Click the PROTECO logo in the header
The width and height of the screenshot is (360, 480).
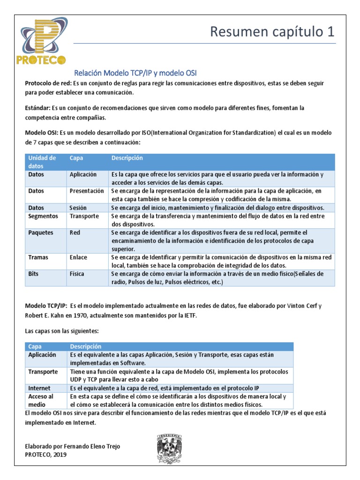[x=43, y=41]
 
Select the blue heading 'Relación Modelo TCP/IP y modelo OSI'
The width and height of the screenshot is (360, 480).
[x=136, y=73]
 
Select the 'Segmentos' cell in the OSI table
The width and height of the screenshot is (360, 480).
[x=43, y=216]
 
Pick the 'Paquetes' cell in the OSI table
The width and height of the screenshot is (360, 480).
[x=41, y=232]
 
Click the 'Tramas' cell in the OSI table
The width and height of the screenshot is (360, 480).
[x=38, y=257]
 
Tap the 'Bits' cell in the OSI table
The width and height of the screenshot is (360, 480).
[x=34, y=273]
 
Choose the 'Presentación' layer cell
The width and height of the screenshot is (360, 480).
[x=87, y=191]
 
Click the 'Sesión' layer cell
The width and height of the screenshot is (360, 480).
[x=78, y=208]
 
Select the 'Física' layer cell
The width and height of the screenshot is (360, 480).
[x=77, y=273]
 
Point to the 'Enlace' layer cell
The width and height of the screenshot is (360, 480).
[x=79, y=257]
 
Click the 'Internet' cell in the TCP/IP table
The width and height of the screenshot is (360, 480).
[x=39, y=388]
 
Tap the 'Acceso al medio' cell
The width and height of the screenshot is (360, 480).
[x=41, y=400]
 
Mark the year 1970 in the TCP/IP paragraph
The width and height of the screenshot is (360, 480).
[x=63, y=315]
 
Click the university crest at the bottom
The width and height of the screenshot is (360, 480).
[x=169, y=449]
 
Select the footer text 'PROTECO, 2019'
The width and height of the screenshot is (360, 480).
[x=45, y=454]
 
